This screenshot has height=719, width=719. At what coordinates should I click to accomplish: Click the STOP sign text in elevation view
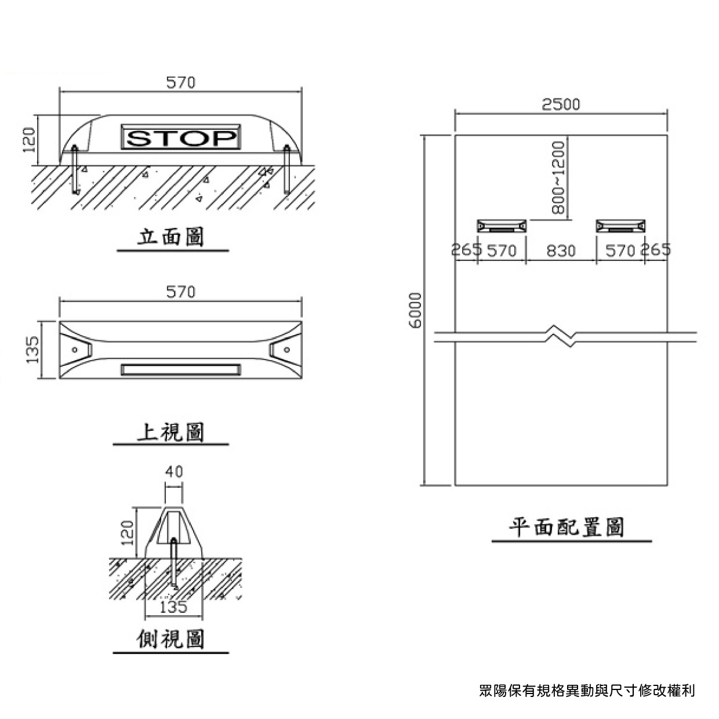click(x=181, y=138)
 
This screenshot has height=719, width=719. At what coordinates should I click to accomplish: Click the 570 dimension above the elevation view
click(x=181, y=83)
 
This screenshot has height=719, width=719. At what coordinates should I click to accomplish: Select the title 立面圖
click(x=171, y=237)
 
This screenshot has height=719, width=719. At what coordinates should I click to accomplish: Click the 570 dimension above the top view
click(x=181, y=292)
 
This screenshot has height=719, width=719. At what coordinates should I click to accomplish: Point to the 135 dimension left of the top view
click(x=33, y=350)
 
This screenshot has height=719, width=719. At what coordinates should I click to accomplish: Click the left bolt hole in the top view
click(x=74, y=350)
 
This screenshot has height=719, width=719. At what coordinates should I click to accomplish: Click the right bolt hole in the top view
click(x=286, y=350)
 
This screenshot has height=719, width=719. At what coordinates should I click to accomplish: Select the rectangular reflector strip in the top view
click(x=180, y=369)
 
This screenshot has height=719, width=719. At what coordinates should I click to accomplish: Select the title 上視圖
click(x=171, y=432)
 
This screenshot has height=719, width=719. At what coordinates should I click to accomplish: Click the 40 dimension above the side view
click(x=173, y=471)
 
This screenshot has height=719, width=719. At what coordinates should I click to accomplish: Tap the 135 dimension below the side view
click(x=173, y=607)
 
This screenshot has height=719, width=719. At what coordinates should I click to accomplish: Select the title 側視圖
click(x=171, y=640)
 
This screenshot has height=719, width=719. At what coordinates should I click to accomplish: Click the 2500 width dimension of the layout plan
click(x=561, y=104)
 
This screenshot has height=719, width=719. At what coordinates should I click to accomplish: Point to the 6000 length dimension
click(x=416, y=310)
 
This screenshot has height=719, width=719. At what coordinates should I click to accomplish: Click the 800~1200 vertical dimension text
click(x=558, y=178)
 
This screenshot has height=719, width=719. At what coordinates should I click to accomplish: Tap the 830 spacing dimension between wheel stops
click(x=561, y=250)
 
